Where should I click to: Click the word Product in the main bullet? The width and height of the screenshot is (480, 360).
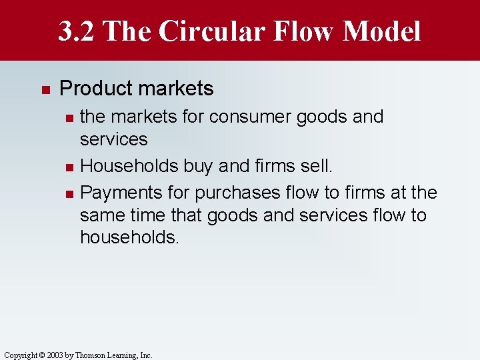(94, 88)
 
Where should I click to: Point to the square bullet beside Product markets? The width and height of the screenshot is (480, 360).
(45, 89)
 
